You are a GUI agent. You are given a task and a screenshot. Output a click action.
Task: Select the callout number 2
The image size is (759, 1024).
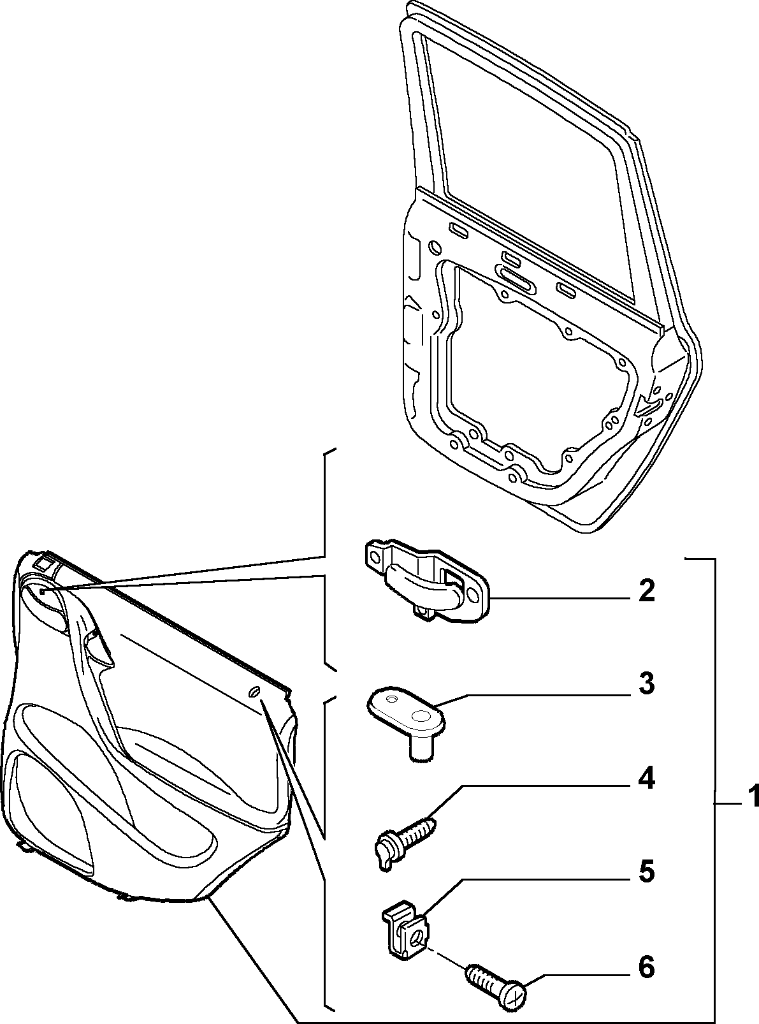pos(646,592)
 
